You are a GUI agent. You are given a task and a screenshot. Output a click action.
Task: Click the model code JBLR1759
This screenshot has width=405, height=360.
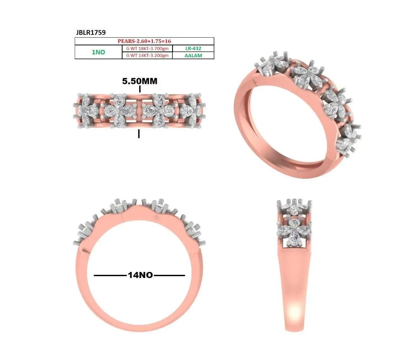pyautogui.click(x=91, y=32)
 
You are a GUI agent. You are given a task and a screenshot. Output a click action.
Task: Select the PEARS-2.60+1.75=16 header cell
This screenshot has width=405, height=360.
pyautogui.click(x=144, y=41)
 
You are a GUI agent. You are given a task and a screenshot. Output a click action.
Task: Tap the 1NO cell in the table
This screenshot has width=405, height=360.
pyautogui.click(x=98, y=52)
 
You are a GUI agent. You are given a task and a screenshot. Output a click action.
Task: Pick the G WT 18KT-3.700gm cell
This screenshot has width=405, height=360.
pyautogui.click(x=147, y=48)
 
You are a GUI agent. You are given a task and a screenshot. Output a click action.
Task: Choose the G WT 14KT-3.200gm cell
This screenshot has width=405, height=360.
pyautogui.click(x=147, y=55)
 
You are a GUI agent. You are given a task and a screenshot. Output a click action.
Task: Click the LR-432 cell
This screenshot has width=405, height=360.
pyautogui.click(x=193, y=48)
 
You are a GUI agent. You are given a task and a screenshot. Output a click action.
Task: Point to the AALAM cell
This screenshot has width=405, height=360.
pyautogui.click(x=193, y=55)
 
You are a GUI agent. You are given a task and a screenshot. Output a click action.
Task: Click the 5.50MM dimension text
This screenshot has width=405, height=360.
pyautogui.click(x=140, y=81)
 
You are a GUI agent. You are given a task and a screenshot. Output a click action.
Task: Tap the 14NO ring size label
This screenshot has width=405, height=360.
pyautogui.click(x=140, y=275)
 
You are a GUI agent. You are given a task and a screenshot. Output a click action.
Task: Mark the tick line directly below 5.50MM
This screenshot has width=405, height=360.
pyautogui.click(x=140, y=89)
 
